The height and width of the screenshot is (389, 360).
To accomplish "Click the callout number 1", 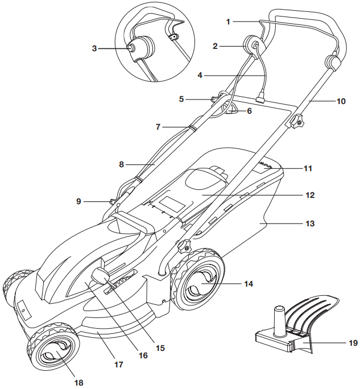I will [228, 22].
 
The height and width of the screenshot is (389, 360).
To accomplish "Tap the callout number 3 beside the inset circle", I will [94, 49].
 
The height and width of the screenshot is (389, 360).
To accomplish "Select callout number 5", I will [181, 98].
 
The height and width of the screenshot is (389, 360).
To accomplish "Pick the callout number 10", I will [341, 102].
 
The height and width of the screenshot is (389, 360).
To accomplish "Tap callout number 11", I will [308, 168].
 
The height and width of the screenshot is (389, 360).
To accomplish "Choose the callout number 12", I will [309, 195].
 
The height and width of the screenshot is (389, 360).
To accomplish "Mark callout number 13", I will [309, 224].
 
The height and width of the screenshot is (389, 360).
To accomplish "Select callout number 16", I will [143, 355].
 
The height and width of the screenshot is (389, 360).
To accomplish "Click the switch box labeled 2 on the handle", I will [251, 45].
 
